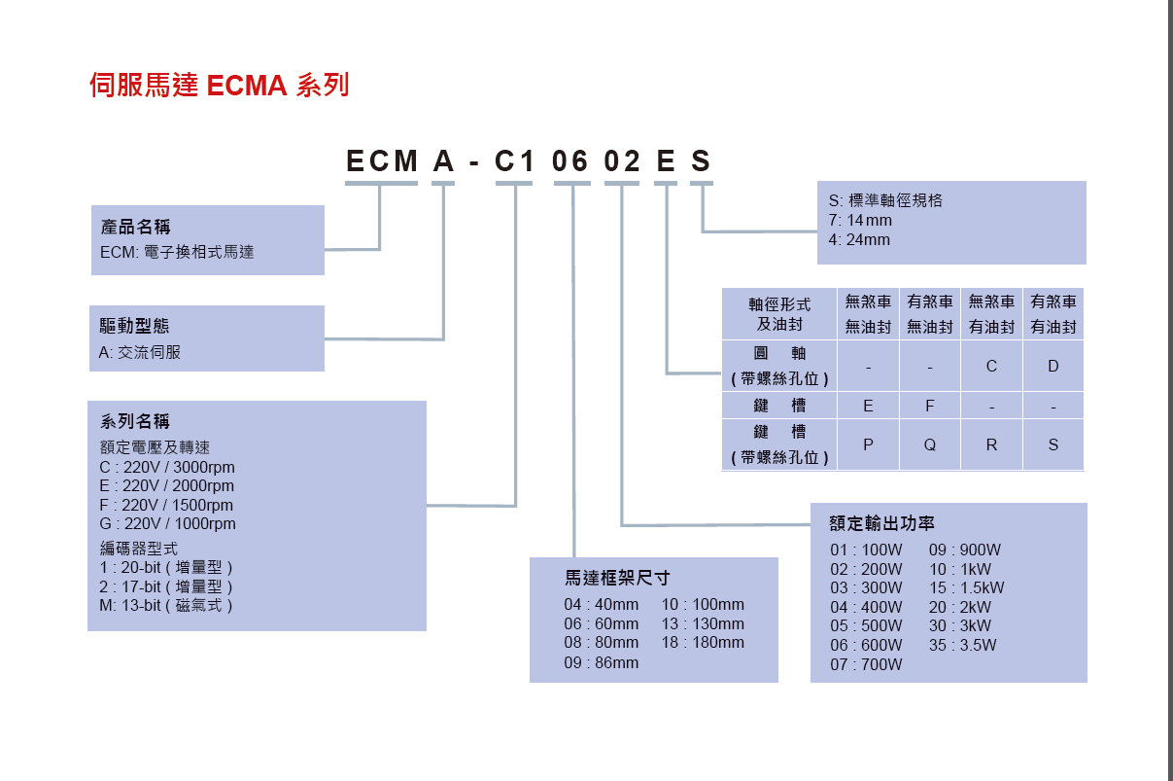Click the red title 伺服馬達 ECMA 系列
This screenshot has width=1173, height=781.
pyautogui.click(x=219, y=86)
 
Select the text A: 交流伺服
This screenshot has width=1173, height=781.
pyautogui.click(x=140, y=352)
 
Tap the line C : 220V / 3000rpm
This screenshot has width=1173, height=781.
pyautogui.click(x=167, y=467)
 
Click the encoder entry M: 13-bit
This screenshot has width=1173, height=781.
pyautogui.click(x=166, y=605)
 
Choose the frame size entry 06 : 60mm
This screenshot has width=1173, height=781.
pyautogui.click(x=602, y=623)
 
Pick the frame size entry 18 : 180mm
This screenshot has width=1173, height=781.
pyautogui.click(x=703, y=642)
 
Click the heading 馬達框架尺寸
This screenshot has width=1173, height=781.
pyautogui.click(x=617, y=578)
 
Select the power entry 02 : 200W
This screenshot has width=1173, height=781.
pyautogui.click(x=866, y=569)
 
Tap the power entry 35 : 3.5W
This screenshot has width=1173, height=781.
pyautogui.click(x=963, y=645)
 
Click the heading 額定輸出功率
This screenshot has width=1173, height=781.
pyautogui.click(x=881, y=523)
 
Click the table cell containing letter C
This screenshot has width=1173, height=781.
pyautogui.click(x=991, y=367)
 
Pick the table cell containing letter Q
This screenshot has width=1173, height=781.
pyautogui.click(x=930, y=444)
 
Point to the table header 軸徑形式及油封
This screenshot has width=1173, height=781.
pyautogui.click(x=779, y=314)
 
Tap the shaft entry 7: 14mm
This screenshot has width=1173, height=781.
pyautogui.click(x=860, y=220)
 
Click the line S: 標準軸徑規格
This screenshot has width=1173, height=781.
pyautogui.click(x=885, y=200)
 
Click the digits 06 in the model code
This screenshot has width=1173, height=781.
pyautogui.click(x=570, y=161)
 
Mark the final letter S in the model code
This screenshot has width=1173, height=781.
pyautogui.click(x=701, y=161)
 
